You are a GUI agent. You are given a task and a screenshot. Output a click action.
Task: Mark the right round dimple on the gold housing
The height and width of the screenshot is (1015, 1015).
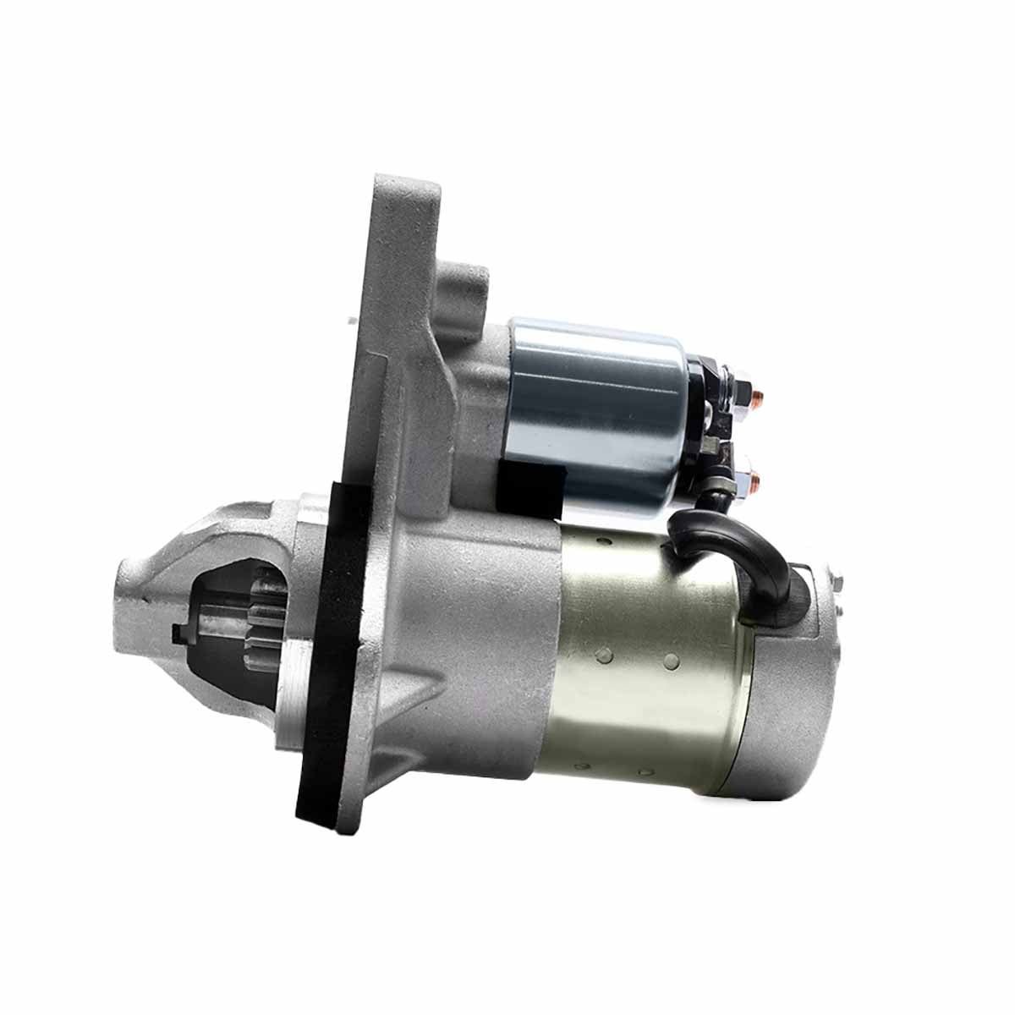(x=671, y=660)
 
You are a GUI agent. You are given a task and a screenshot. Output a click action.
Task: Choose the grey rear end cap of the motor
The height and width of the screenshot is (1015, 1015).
(x=791, y=702)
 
